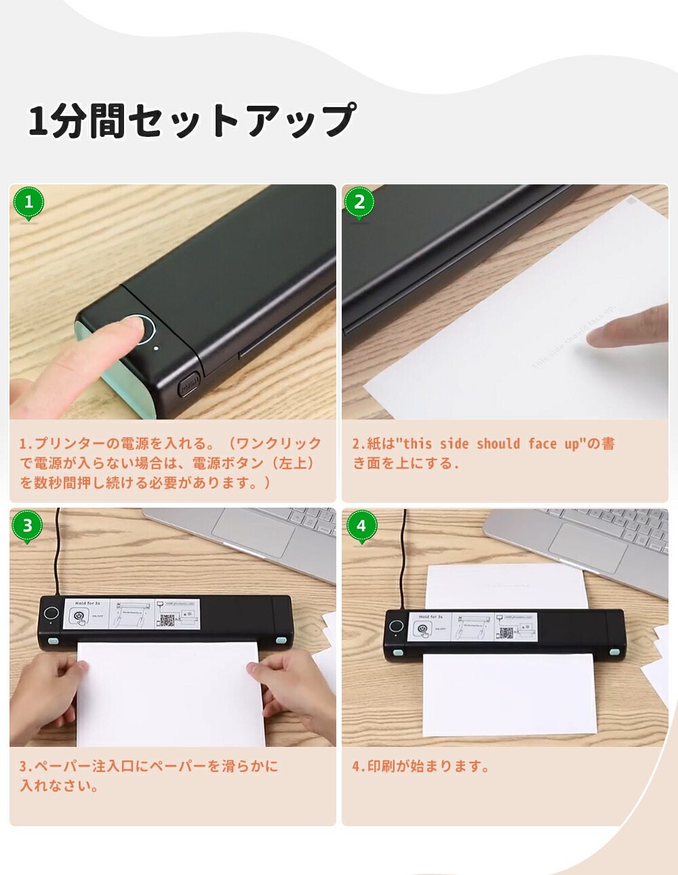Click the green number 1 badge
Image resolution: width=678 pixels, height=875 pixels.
pyautogui.click(x=28, y=202)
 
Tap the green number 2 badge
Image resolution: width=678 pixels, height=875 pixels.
pyautogui.click(x=359, y=202)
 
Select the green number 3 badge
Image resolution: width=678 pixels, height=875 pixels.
pyautogui.click(x=27, y=526)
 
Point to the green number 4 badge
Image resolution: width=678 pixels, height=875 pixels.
pyautogui.click(x=361, y=526)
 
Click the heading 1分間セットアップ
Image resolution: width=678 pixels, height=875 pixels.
pyautogui.click(x=192, y=121)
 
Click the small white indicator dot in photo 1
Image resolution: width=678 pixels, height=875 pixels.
pyautogui.click(x=157, y=348)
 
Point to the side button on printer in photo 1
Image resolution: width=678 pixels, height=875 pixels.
pyautogui.click(x=188, y=386)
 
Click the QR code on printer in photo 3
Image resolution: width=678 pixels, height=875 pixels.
pyautogui.click(x=168, y=619)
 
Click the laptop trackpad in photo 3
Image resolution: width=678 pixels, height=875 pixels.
pyautogui.click(x=253, y=533)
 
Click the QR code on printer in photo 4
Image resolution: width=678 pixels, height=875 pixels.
pyautogui.click(x=506, y=633)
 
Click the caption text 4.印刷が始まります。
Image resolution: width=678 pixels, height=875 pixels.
pyautogui.click(x=420, y=767)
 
